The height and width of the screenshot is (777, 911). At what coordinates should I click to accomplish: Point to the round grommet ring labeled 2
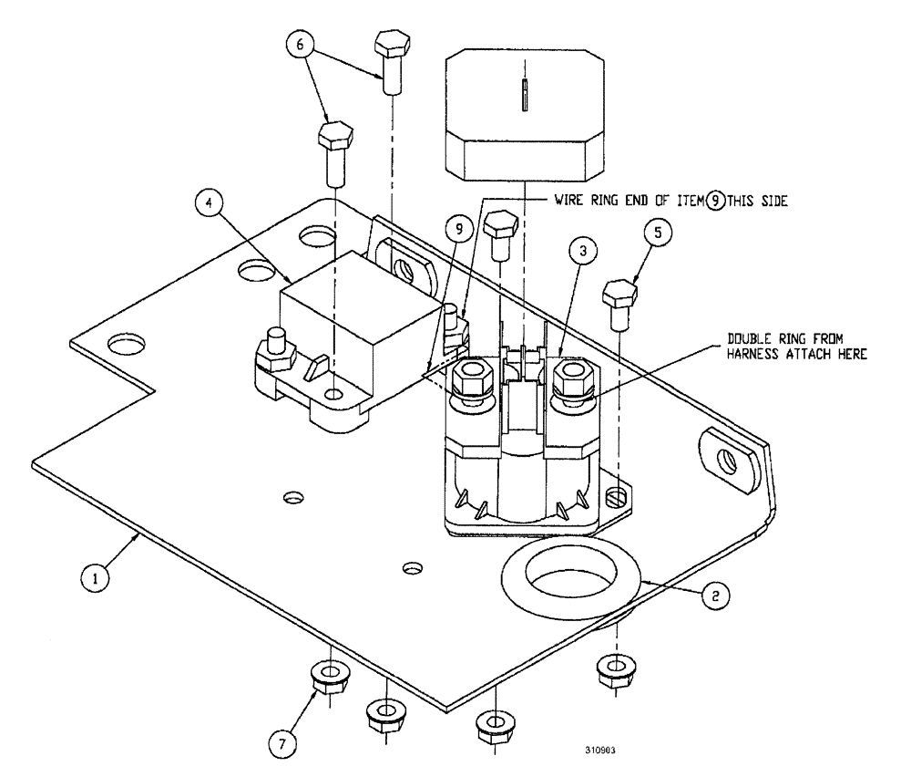[x=572, y=576]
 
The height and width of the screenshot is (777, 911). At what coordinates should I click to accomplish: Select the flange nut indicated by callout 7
[x=325, y=677]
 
